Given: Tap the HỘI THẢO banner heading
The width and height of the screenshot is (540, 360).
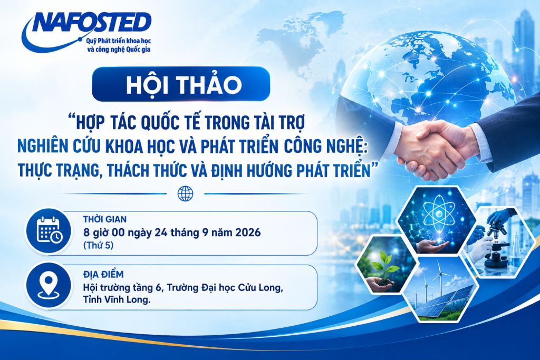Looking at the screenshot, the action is (x=184, y=85).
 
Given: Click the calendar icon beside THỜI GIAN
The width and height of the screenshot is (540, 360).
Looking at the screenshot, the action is (x=50, y=230).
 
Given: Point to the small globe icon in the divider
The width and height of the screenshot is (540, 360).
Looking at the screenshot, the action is (x=185, y=194).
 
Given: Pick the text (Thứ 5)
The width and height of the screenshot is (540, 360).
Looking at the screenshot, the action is (x=98, y=246).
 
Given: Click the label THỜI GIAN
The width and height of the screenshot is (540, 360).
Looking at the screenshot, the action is (x=105, y=219).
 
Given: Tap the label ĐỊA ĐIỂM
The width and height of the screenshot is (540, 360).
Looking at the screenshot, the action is (x=103, y=274).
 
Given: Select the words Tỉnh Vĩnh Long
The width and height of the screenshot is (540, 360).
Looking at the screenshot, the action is (x=117, y=300).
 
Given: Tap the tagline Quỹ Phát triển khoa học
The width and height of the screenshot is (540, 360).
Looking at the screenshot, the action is (x=118, y=41).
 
